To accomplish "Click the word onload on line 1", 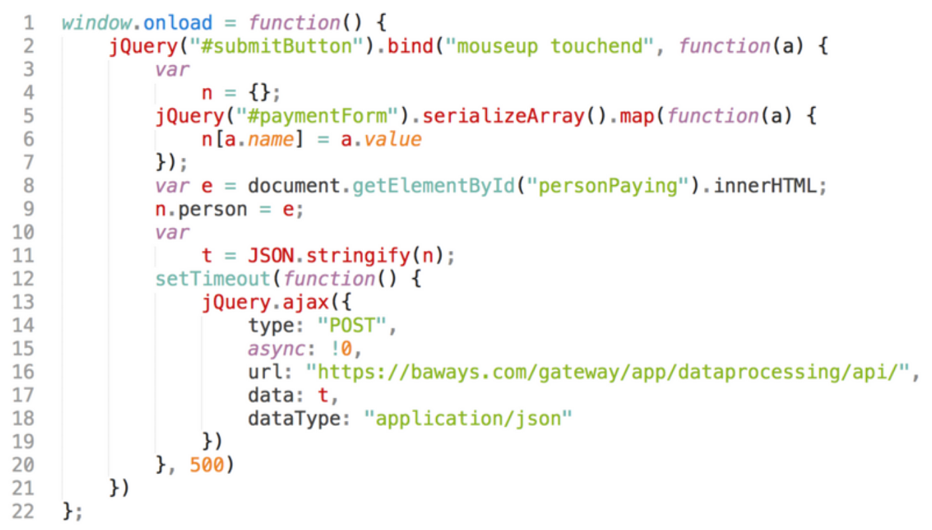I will tap(178, 23).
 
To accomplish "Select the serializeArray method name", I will tap(503, 116).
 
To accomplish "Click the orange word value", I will tap(393, 139).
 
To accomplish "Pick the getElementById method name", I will tap(433, 186).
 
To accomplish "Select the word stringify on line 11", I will tap(352, 256).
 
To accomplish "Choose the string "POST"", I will tap(352, 325).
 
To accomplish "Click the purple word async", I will tap(271, 349).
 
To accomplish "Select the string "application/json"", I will tap(468, 419).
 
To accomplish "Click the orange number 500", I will tap(207, 465).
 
